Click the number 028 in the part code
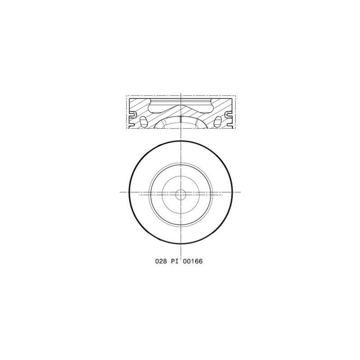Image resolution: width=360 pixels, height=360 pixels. [161, 261]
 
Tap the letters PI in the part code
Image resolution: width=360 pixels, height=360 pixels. [175, 261]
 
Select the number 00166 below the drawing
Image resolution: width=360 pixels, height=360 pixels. [193, 261]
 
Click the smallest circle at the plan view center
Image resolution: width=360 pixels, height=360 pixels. [181, 195]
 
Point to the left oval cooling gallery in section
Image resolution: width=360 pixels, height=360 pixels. [143, 121]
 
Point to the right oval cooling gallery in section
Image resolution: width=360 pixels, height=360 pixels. [218, 121]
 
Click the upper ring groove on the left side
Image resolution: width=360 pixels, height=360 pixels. [133, 114]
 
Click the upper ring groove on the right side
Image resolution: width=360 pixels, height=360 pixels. [229, 114]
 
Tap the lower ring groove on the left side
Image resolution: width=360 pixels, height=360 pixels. [131, 125]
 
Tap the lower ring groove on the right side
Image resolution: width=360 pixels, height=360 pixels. [230, 125]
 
